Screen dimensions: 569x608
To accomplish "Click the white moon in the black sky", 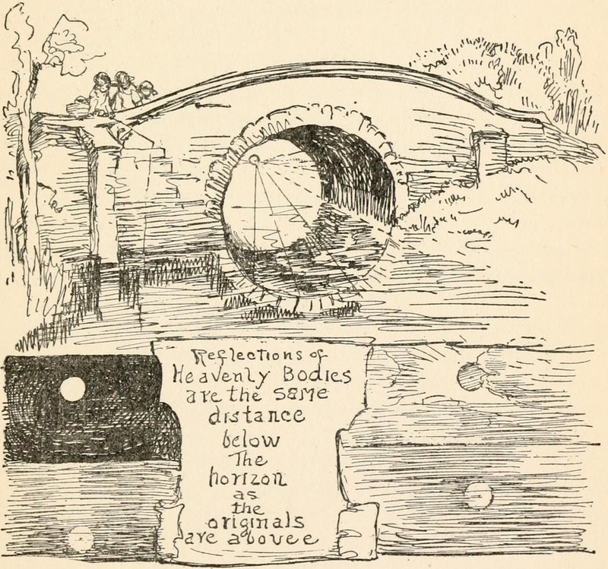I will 73,390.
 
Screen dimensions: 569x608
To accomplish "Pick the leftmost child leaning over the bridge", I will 98,93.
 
